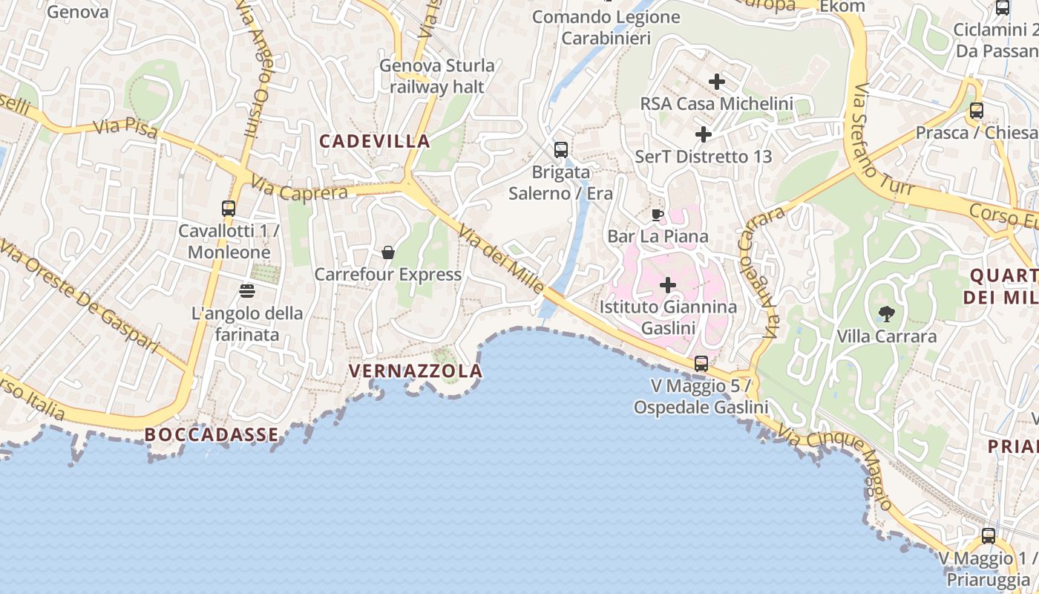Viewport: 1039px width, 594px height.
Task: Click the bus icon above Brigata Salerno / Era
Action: [x=561, y=149]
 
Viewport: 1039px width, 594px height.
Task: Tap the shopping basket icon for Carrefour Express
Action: [x=387, y=252]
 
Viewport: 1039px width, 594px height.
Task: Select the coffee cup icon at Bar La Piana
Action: [x=657, y=215]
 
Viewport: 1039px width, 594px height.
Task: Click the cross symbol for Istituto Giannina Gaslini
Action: [x=668, y=284]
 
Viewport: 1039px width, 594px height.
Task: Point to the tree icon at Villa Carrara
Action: [x=886, y=313]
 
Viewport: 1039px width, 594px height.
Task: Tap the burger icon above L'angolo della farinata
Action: [x=246, y=290]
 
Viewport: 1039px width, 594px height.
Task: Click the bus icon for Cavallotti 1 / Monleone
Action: [x=229, y=209]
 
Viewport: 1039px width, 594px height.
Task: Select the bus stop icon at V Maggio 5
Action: [x=701, y=364]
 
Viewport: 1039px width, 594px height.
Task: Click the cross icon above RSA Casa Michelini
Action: [x=717, y=81]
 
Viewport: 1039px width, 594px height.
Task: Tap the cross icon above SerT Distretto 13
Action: [x=704, y=134]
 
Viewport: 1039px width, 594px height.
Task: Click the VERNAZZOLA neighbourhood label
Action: [x=416, y=371]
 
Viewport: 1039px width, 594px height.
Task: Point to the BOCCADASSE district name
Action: [x=212, y=434]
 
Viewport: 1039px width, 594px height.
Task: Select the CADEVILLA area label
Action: [x=375, y=141]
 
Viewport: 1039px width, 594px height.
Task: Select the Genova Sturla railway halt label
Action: [x=437, y=76]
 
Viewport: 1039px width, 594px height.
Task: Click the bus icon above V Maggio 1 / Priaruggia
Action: [x=989, y=535]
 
